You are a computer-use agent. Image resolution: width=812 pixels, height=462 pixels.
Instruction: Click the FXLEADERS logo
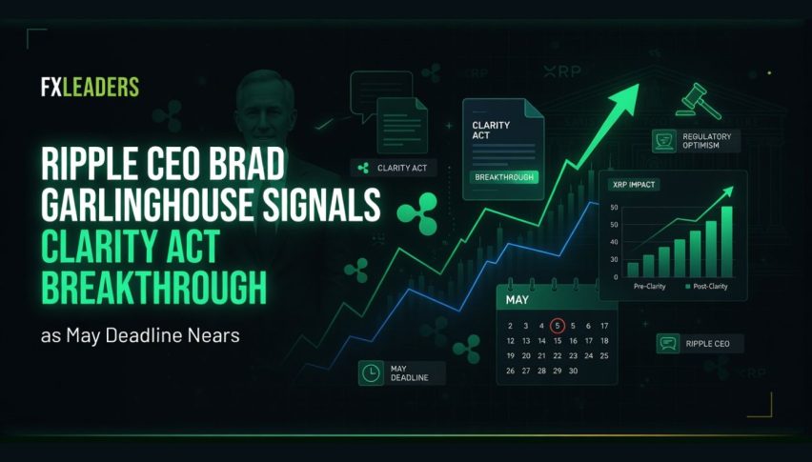[91, 87]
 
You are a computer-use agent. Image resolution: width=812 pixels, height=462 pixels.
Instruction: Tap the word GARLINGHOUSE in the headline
[147, 205]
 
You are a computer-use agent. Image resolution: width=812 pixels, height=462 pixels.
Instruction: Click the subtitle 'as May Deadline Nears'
[140, 335]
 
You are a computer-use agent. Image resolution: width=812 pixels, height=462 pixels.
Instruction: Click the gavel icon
[699, 101]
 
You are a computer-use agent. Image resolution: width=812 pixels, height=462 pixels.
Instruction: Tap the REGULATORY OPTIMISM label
[706, 141]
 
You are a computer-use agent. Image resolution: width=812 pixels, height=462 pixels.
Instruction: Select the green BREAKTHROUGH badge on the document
[504, 177]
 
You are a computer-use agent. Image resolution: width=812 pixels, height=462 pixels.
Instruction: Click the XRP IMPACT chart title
[634, 185]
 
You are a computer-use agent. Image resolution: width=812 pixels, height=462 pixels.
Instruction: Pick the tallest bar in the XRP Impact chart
[726, 242]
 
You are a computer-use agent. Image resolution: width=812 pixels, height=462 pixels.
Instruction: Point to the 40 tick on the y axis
[614, 242]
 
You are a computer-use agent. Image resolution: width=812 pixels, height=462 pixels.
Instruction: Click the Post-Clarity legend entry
[706, 287]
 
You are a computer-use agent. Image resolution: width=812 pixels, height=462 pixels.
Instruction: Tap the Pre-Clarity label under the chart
[649, 287]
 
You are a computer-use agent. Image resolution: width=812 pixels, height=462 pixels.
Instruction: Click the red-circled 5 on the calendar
[558, 326]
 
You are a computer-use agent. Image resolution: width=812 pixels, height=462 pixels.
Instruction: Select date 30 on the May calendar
[573, 371]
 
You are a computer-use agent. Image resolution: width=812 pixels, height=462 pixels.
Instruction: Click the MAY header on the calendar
[517, 300]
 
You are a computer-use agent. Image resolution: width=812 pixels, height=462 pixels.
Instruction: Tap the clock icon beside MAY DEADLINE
[371, 373]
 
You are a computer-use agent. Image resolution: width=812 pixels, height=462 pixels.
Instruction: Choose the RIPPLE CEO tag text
[707, 344]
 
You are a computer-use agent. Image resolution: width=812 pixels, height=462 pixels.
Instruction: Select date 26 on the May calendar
[511, 371]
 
